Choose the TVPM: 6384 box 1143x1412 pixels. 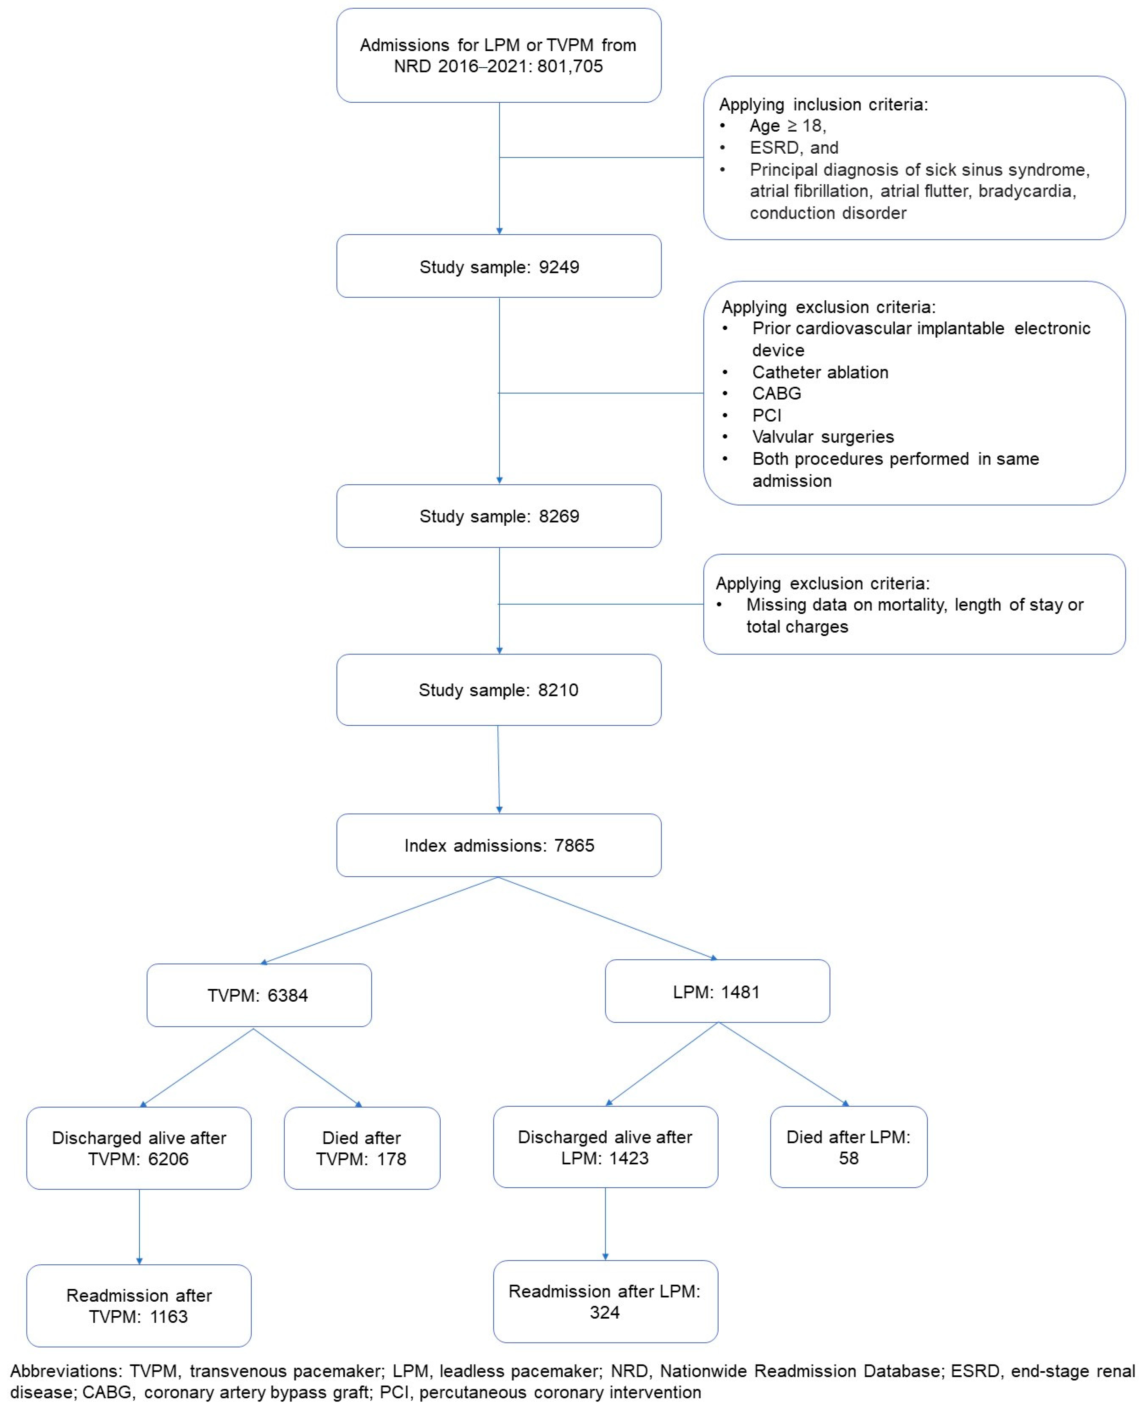click(x=259, y=995)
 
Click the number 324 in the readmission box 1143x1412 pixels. click(x=604, y=1313)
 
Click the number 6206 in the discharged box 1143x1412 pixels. click(x=169, y=1159)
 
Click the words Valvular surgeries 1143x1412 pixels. click(x=823, y=437)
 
